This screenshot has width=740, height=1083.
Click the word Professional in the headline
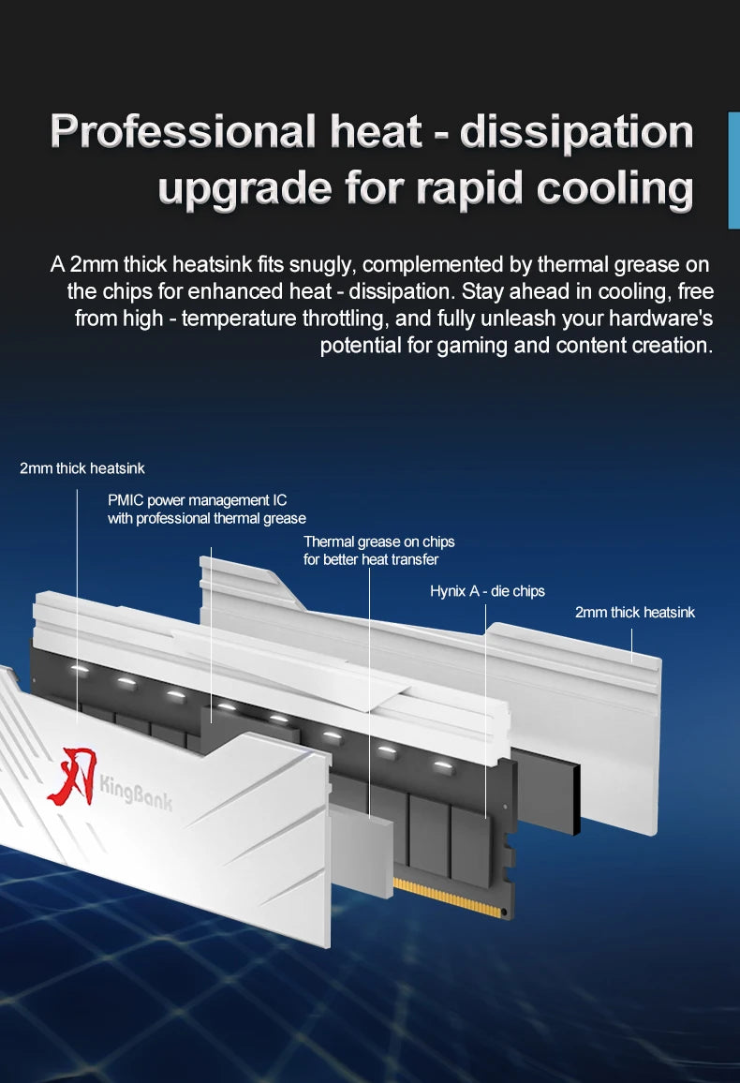point(183,131)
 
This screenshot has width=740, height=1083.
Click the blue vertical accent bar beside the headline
point(733,170)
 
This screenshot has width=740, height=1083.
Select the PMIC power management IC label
point(206,509)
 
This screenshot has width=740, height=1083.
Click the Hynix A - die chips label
point(487,591)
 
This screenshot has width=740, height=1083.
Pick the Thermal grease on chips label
point(379,551)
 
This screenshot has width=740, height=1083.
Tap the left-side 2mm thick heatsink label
point(82,468)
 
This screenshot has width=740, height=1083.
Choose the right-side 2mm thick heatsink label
point(635,612)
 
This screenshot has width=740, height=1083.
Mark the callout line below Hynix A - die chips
point(486,711)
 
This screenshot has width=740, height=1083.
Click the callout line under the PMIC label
point(212,635)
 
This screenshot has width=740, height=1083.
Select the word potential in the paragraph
point(361,346)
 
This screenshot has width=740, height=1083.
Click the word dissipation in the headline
point(576,133)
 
